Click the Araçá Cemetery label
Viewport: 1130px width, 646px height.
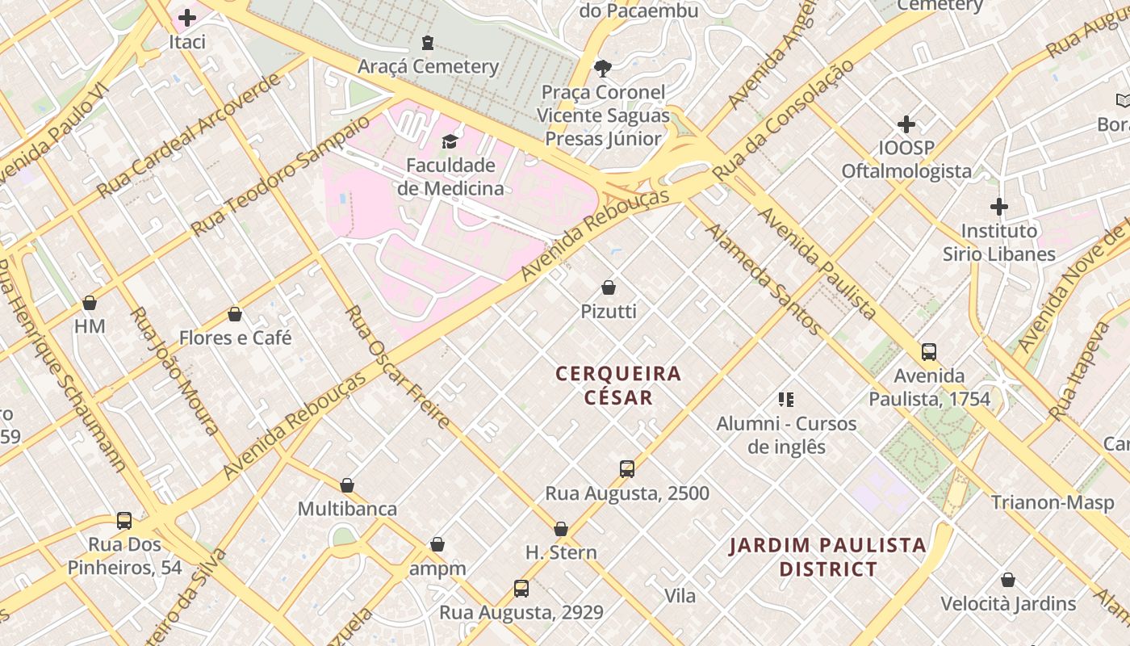(428, 66)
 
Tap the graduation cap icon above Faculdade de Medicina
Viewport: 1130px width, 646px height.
(450, 142)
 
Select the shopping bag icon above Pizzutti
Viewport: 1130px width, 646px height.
(609, 287)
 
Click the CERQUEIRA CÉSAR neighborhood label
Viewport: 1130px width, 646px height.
(618, 385)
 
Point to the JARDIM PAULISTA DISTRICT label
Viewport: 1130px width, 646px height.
(827, 556)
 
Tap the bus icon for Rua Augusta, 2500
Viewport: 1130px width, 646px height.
(626, 469)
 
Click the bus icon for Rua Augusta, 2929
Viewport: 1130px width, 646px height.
(521, 589)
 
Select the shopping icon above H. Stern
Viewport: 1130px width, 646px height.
(561, 529)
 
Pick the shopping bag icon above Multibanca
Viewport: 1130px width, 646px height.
(347, 485)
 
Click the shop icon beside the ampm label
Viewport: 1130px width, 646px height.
(437, 544)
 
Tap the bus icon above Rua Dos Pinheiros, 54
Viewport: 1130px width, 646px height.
(124, 521)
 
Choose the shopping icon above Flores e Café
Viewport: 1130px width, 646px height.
(235, 314)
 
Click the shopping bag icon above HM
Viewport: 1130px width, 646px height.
(90, 303)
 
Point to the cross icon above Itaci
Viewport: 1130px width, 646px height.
(187, 18)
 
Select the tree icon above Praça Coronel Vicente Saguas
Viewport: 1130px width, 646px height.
(602, 68)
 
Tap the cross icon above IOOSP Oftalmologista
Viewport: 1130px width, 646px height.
(906, 124)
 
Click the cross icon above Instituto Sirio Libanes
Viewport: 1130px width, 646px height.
(999, 207)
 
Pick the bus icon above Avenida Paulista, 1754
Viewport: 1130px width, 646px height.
(929, 352)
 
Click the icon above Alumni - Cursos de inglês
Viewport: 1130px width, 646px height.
(786, 400)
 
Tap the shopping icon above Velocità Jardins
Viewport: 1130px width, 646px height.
(1008, 580)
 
